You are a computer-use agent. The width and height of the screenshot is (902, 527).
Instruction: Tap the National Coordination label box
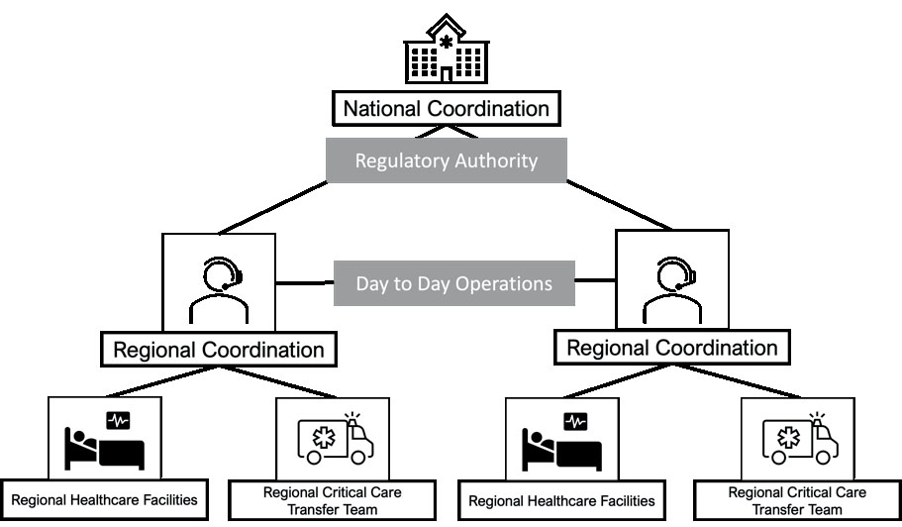pos(446,107)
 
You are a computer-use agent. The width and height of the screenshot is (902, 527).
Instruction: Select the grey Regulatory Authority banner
pos(446,160)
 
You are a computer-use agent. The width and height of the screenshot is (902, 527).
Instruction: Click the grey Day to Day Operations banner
pos(453,283)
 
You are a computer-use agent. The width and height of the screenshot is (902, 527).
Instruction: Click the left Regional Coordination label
pos(218,350)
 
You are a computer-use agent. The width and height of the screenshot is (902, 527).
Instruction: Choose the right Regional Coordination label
pos(671,348)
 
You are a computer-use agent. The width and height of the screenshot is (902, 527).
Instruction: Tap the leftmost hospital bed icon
pos(104,441)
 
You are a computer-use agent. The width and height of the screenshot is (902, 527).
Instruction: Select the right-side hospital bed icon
pos(560,441)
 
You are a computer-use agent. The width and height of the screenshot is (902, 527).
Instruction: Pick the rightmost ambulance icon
pos(800,440)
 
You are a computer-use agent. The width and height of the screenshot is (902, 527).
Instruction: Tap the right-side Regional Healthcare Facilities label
pos(561,500)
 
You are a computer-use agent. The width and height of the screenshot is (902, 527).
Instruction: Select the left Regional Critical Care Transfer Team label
pos(333,500)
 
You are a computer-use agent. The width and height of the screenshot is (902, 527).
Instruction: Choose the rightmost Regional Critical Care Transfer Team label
pos(797,500)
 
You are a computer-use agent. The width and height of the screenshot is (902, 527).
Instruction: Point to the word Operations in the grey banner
pos(504,283)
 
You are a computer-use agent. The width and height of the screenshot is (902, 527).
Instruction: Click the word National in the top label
pos(384,107)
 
